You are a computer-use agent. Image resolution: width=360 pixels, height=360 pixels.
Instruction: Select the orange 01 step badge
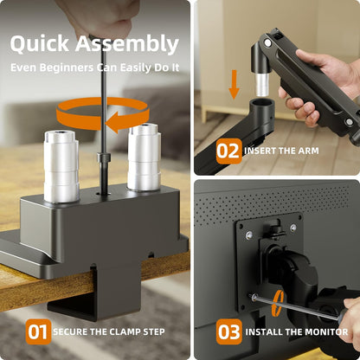(37, 331)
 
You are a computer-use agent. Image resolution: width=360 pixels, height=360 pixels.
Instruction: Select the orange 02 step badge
(228, 151)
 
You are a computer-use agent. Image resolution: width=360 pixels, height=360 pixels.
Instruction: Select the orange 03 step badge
(228, 331)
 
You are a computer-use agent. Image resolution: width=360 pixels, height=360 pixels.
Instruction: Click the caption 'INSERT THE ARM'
(281, 151)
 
